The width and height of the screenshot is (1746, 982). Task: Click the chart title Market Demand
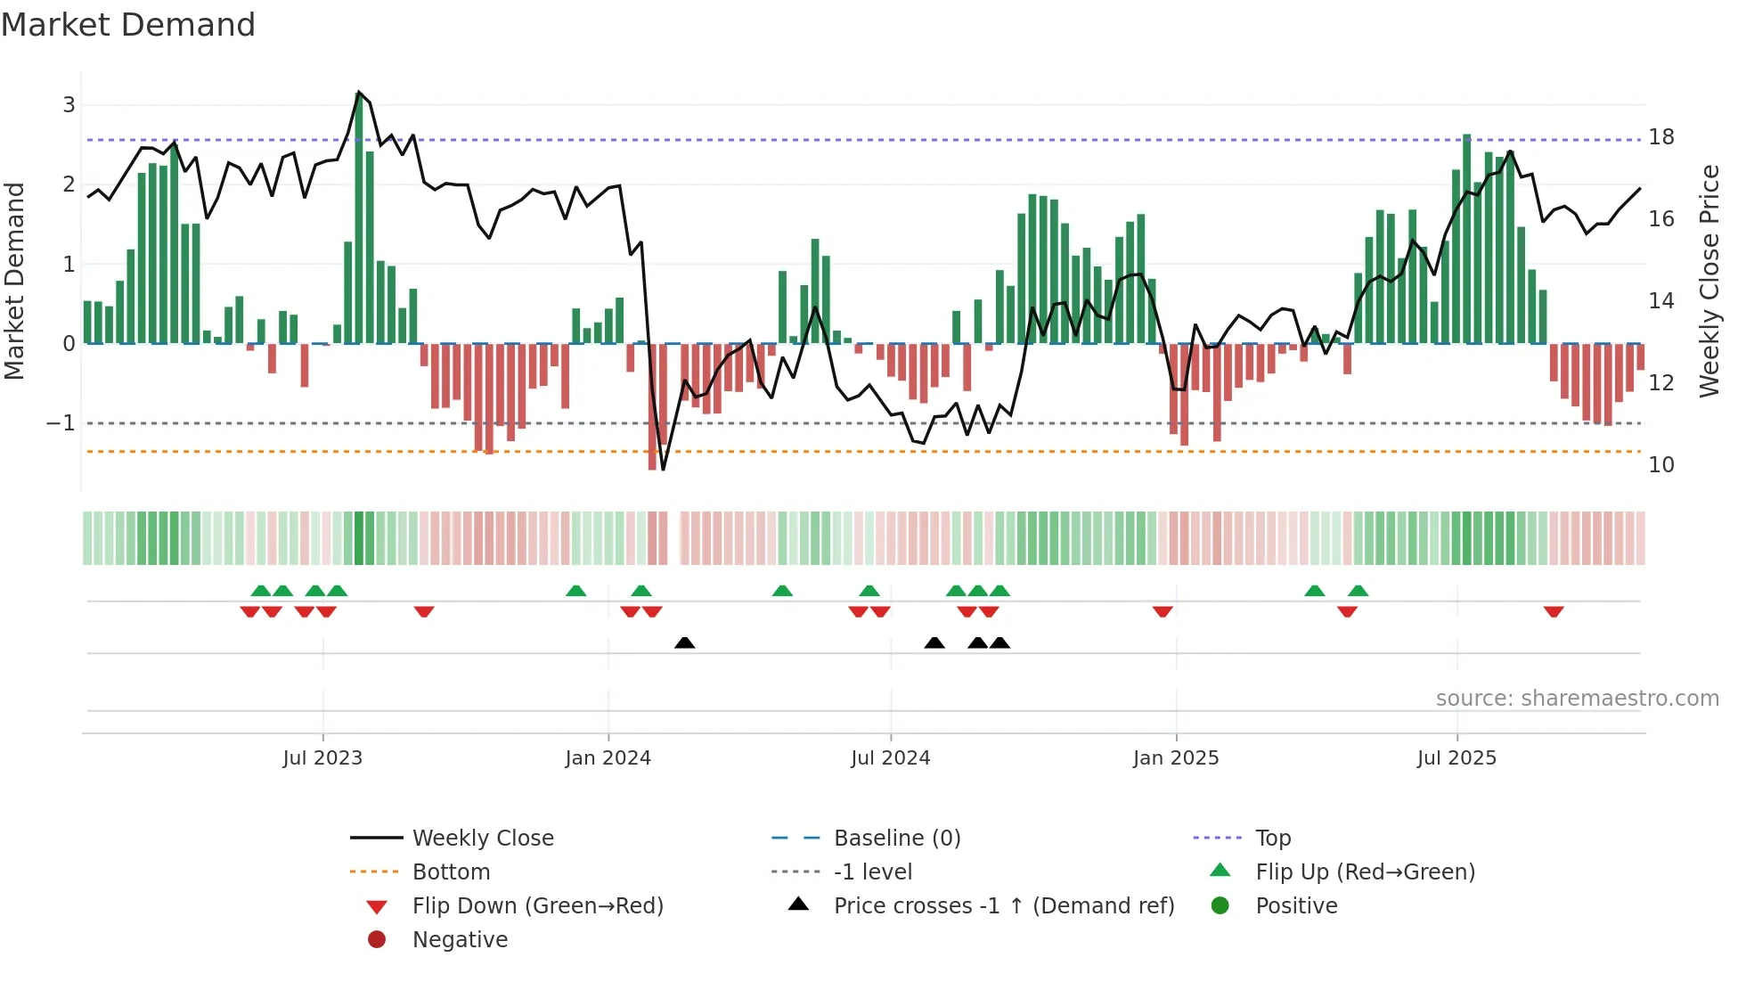(x=128, y=25)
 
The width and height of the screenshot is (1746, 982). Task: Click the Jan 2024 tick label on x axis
(x=608, y=758)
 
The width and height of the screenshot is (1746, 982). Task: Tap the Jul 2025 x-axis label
(x=1456, y=758)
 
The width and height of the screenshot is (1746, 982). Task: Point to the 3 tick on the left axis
(x=69, y=105)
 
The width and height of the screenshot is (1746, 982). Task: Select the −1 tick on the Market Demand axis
(x=61, y=423)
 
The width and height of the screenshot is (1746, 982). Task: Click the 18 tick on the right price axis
(x=1660, y=137)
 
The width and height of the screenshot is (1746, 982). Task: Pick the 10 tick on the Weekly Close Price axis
(x=1660, y=465)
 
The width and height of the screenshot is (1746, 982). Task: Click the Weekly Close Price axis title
(x=1709, y=281)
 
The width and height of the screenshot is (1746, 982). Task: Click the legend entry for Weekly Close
(x=482, y=839)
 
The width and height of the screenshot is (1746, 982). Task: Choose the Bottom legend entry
(x=451, y=872)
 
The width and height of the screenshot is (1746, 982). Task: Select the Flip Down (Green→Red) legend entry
(x=537, y=906)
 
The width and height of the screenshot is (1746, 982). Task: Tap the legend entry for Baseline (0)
(x=896, y=839)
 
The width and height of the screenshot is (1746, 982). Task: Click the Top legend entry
(x=1272, y=839)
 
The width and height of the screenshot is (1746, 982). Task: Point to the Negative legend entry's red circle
(x=377, y=940)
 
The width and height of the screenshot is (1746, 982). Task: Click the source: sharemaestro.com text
(x=1577, y=699)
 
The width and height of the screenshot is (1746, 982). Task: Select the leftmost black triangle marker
(x=684, y=642)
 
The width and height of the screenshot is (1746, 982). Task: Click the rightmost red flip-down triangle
(x=1554, y=611)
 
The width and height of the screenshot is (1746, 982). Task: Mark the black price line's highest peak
(x=358, y=92)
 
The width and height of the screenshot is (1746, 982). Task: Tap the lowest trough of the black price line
(x=663, y=469)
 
